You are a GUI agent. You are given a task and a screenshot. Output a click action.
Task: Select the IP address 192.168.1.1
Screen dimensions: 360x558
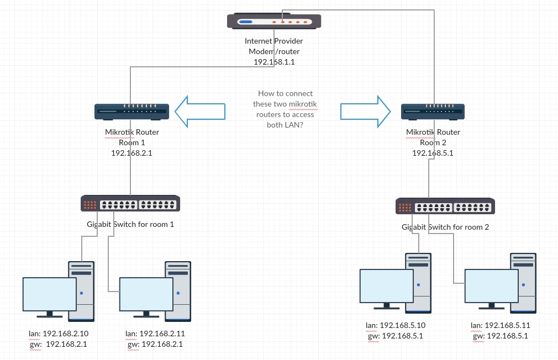click(274, 62)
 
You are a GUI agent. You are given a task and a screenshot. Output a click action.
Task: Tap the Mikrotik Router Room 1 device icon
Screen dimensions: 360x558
click(130, 112)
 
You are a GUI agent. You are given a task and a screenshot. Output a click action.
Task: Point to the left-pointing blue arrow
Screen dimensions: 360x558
click(199, 111)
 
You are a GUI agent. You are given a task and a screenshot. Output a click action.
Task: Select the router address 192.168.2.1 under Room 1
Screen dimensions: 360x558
click(131, 153)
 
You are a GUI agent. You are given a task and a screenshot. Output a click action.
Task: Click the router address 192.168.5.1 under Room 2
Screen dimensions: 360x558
click(433, 153)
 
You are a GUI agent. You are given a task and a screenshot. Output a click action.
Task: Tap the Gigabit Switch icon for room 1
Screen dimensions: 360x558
click(130, 204)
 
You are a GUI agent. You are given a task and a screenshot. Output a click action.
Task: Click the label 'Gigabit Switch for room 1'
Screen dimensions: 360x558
click(130, 224)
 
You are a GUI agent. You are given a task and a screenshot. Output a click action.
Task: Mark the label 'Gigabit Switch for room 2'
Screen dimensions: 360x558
click(445, 227)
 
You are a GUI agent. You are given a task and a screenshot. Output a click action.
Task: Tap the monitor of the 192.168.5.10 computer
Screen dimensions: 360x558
click(386, 286)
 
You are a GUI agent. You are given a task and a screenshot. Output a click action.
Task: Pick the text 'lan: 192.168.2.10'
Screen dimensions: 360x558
click(57, 333)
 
